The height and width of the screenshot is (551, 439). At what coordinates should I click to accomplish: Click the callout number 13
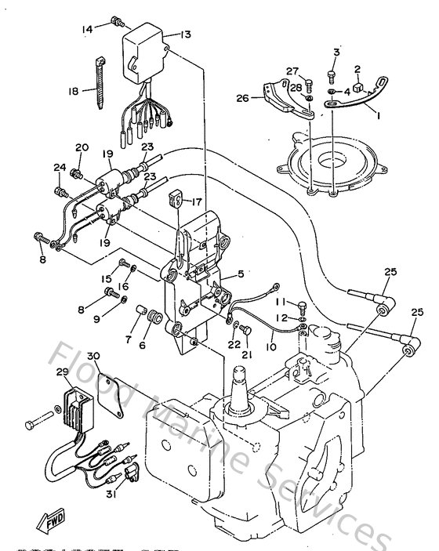point(186,34)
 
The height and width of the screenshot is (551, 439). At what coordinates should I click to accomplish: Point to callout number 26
point(242,98)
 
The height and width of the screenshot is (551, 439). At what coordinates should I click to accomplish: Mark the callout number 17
point(198,200)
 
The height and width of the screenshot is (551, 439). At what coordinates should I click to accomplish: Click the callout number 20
point(82,147)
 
